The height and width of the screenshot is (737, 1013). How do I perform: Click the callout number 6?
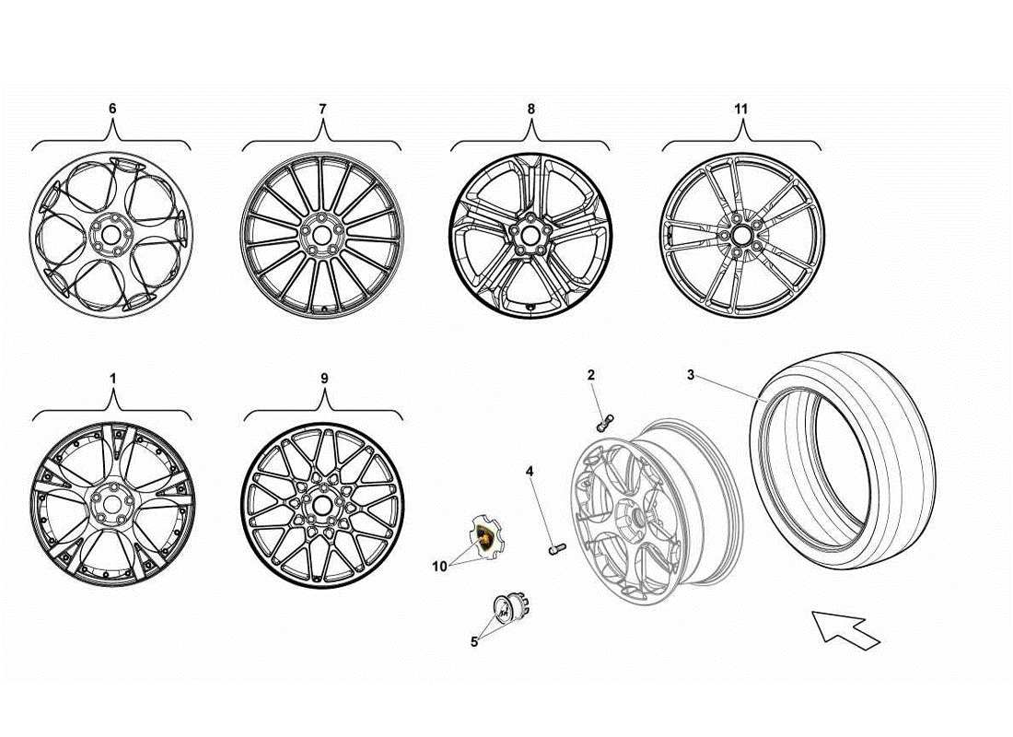click(112, 109)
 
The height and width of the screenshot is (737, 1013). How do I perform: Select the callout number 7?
click(322, 109)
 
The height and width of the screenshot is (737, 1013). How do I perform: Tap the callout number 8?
click(531, 109)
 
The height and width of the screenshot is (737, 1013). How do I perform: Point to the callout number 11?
click(741, 109)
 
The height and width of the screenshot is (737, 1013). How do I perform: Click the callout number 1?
click(112, 378)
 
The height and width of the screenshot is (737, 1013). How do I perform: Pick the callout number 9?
click(323, 378)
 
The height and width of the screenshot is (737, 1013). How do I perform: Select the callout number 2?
click(591, 375)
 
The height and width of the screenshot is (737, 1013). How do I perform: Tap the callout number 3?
click(691, 375)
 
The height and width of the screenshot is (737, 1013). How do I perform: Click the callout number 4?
click(530, 473)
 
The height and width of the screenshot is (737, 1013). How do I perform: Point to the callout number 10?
click(440, 567)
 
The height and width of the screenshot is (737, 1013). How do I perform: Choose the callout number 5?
click(474, 642)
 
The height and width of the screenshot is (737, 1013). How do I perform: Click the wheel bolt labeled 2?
click(604, 423)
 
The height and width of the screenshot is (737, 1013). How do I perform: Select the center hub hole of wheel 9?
click(321, 506)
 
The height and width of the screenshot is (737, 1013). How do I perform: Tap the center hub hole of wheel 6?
click(111, 234)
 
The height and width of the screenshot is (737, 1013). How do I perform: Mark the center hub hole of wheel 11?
click(741, 234)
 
